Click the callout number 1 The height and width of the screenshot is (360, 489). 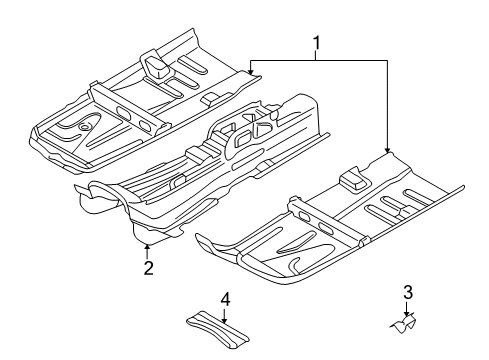316,44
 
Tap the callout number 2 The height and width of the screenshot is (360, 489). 149,267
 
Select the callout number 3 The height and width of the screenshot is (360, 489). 408,292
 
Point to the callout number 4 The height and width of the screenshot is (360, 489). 225,299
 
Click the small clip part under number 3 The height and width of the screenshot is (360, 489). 404,324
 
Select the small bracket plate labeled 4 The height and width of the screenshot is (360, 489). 217,330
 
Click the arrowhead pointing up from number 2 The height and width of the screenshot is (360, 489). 146,247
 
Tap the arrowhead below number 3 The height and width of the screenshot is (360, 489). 406,313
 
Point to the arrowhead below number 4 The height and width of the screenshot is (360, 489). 225,321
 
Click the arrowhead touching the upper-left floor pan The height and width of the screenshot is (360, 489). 251,71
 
